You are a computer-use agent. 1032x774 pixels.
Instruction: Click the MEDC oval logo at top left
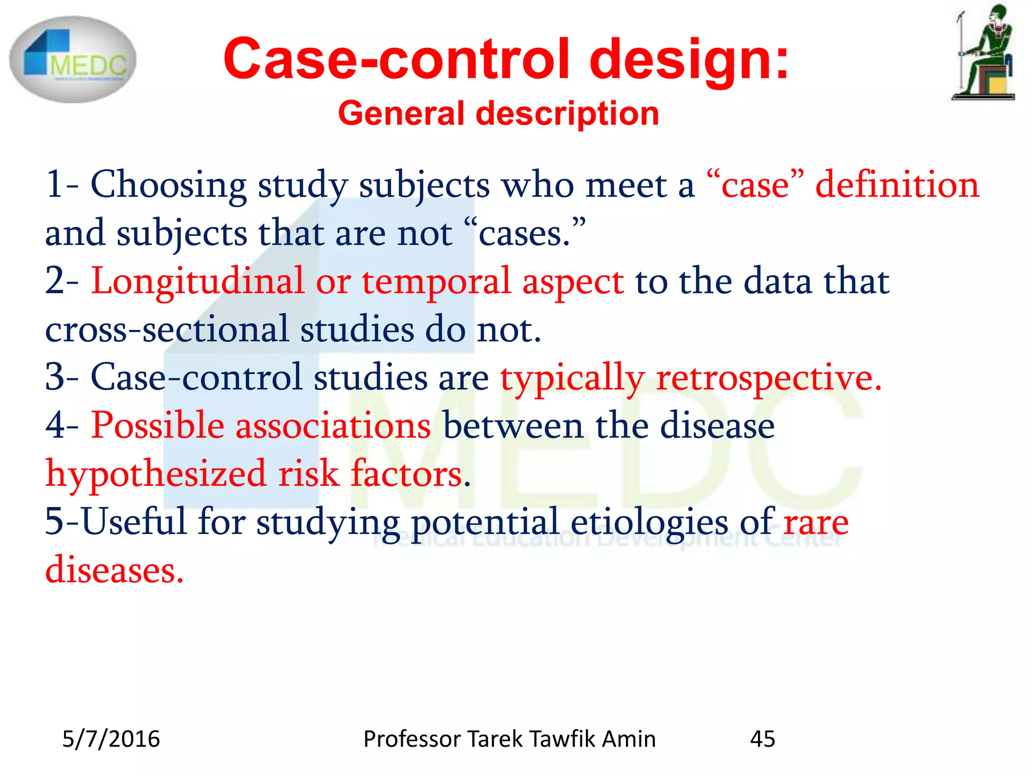73,59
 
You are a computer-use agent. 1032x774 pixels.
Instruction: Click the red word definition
897,184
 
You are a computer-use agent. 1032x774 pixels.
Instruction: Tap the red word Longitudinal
198,281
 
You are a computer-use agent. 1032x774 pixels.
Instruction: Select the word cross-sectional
167,330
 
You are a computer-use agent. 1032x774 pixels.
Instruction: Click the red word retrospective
768,378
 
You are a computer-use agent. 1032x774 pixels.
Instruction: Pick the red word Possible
157,425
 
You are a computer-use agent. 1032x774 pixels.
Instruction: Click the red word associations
333,426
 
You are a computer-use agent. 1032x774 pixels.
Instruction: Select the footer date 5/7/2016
111,739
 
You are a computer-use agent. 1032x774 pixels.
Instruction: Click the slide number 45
762,739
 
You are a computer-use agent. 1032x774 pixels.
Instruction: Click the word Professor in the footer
413,739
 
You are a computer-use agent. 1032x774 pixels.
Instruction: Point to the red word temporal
436,282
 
